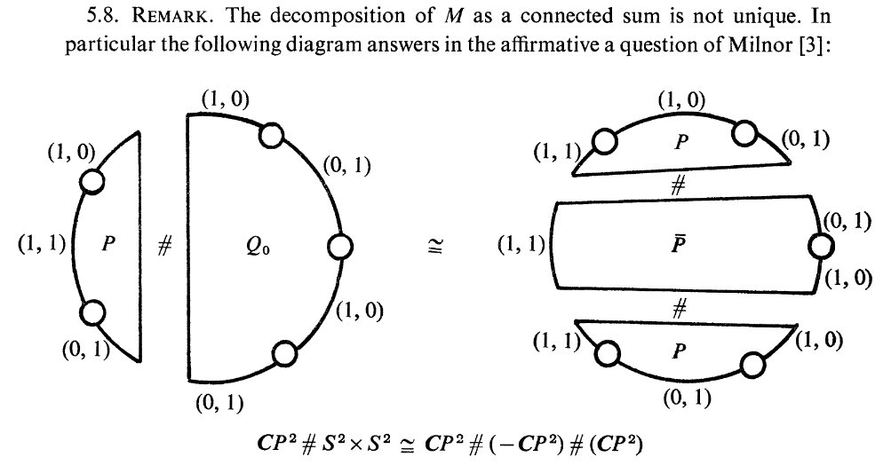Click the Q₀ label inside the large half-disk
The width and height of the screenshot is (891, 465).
pos(258,247)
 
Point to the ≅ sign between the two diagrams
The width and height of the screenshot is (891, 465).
pos(436,247)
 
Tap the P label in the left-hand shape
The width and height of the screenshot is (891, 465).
pos(108,243)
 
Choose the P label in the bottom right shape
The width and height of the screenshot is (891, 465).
pos(678,351)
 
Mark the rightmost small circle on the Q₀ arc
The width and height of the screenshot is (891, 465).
pos(340,248)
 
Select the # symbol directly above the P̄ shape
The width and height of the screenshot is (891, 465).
pos(678,185)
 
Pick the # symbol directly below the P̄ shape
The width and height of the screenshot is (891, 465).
pos(679,308)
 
